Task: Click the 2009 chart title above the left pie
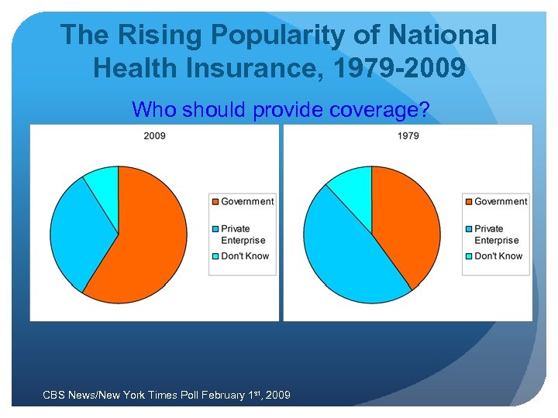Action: click(154, 135)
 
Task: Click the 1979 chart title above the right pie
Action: click(408, 135)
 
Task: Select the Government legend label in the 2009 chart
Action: click(247, 201)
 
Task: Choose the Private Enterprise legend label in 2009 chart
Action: click(243, 235)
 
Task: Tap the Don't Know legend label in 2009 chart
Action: click(245, 255)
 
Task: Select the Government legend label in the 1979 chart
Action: click(501, 201)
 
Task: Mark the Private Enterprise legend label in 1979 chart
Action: click(496, 235)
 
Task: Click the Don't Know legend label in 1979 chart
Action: click(498, 255)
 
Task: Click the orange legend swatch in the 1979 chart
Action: click(468, 202)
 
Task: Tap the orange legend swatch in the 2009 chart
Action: click(215, 202)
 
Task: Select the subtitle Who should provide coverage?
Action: click(281, 110)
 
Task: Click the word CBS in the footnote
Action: click(53, 396)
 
